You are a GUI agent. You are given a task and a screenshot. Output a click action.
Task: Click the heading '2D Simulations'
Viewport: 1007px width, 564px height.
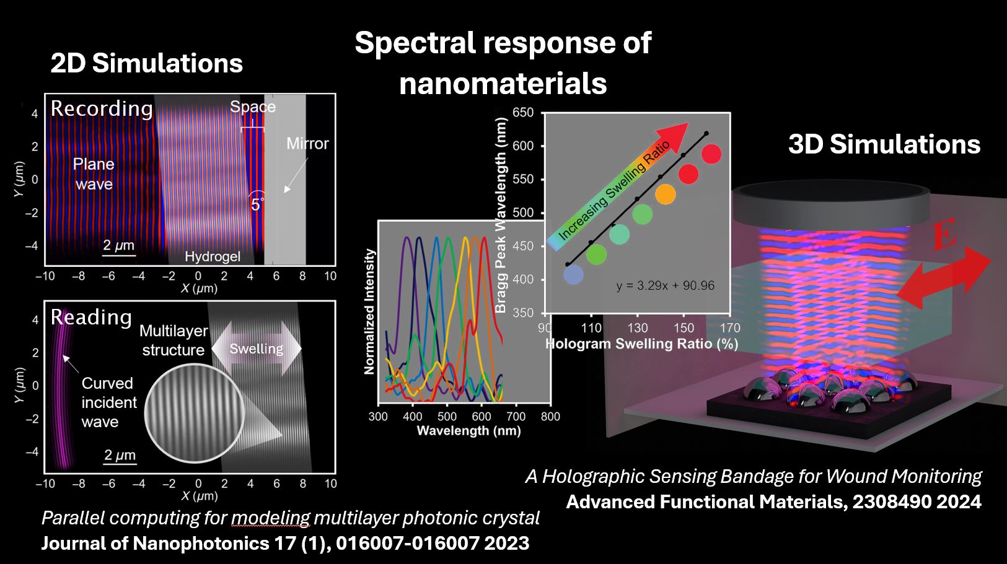click(x=146, y=64)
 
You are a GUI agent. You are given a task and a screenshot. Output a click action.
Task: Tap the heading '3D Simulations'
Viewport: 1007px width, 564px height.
click(x=884, y=144)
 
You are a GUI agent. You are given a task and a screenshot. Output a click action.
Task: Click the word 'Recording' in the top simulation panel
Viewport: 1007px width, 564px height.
click(x=102, y=108)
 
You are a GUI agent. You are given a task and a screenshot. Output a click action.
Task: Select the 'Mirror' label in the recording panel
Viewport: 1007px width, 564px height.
click(x=307, y=144)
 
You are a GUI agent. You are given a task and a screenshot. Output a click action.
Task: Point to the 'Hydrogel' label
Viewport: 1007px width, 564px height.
click(x=212, y=256)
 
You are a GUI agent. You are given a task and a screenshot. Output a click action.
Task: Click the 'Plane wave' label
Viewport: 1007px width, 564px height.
click(x=94, y=174)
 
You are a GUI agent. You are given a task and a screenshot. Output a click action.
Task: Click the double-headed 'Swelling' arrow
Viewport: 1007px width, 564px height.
click(x=257, y=349)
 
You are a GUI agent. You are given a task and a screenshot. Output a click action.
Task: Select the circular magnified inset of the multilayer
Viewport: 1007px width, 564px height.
click(x=195, y=413)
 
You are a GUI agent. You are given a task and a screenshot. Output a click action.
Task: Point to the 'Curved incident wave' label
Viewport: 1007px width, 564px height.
click(x=108, y=402)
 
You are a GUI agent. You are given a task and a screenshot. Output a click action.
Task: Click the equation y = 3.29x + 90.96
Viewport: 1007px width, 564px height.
click(x=665, y=285)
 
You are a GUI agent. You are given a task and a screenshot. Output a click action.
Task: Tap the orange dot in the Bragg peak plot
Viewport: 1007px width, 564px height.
click(x=665, y=194)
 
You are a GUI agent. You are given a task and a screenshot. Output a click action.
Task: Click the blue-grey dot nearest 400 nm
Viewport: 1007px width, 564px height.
click(x=573, y=274)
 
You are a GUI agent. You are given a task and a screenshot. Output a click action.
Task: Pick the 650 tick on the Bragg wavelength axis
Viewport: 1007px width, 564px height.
click(x=524, y=113)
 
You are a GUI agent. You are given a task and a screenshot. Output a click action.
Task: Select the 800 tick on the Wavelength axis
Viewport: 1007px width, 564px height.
click(x=550, y=417)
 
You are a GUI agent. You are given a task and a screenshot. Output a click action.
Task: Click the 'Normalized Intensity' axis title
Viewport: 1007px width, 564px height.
click(x=370, y=311)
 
